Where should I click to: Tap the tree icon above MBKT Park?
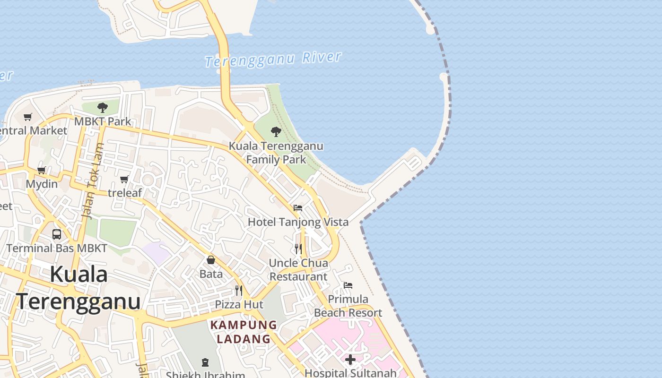point(102,108)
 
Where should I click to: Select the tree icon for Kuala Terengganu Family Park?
point(276,132)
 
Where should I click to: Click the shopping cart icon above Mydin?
point(42,170)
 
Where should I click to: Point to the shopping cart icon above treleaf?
point(124,179)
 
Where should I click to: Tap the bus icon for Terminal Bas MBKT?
point(57,234)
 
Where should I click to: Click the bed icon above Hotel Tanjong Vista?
point(298,207)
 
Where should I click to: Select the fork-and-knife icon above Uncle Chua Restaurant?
point(298,249)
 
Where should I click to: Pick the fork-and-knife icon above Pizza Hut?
point(239,290)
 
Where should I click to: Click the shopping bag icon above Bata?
point(211,260)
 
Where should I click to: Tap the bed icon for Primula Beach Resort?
point(348,285)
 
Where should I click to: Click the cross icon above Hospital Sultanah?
point(350,360)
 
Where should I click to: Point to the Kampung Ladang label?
point(244,332)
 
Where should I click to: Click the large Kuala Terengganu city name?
point(78,288)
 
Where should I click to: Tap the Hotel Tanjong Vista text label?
point(298,222)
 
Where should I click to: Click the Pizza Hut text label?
point(239,304)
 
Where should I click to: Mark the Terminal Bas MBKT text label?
point(57,248)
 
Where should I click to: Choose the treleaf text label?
point(125,193)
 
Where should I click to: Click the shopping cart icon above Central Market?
point(28,117)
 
